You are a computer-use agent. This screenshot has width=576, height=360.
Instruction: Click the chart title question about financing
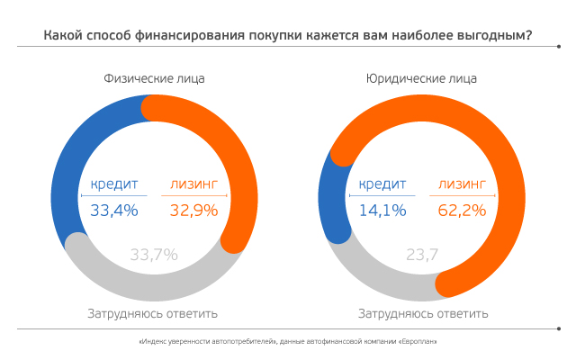click(287, 37)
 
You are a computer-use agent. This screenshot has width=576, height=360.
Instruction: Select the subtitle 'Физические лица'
click(154, 78)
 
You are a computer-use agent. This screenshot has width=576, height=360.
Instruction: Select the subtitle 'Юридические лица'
click(421, 78)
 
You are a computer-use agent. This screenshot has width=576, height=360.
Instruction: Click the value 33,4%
click(113, 211)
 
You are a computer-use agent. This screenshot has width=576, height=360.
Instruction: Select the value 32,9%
click(193, 211)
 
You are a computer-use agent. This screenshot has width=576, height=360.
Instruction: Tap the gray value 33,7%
click(154, 254)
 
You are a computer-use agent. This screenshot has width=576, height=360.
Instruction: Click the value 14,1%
click(382, 211)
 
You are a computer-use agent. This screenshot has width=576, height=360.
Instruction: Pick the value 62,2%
click(462, 211)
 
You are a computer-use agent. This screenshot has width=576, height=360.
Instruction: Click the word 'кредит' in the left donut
click(113, 185)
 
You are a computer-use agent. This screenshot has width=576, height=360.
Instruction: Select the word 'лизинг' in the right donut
click(462, 185)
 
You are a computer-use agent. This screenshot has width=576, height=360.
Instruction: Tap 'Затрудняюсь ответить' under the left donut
click(153, 314)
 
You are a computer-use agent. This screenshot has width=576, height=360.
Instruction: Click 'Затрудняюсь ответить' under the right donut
click(423, 314)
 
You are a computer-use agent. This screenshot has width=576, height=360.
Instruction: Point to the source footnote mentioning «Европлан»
click(288, 343)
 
